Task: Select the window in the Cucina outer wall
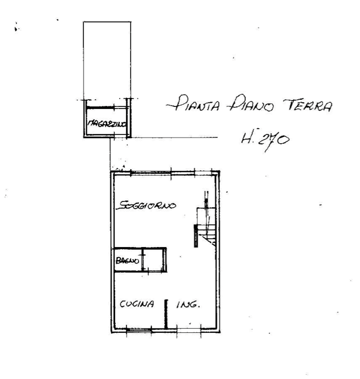(x=139, y=329)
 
